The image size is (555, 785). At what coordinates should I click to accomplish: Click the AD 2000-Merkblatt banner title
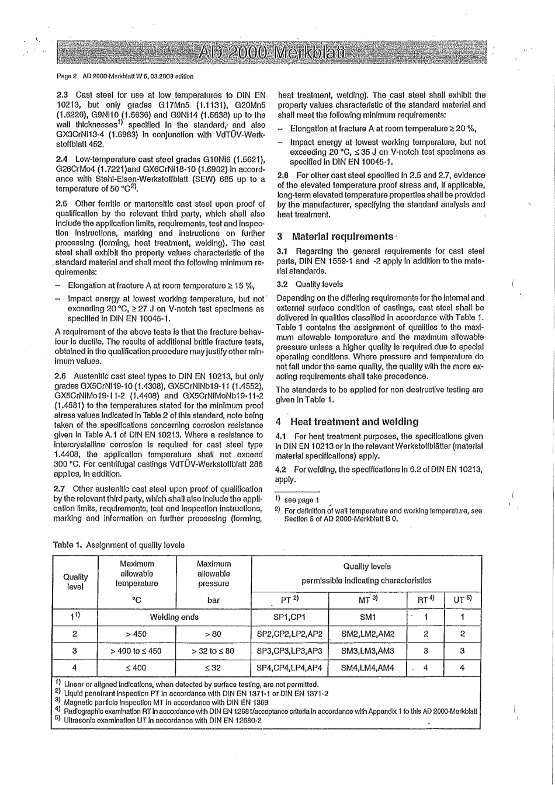coord(272,54)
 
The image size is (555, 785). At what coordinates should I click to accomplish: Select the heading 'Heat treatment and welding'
coord(353,421)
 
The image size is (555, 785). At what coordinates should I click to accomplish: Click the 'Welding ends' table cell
coord(174,617)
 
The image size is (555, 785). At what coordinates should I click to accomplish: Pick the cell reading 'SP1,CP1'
coord(290,617)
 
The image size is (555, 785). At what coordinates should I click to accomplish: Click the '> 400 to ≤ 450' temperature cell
coord(135,651)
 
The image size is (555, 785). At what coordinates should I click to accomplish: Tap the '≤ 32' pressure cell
coord(213,667)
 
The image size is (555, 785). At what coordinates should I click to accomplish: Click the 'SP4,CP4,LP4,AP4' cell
coord(290,667)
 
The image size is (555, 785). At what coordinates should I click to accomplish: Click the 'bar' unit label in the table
coord(213,599)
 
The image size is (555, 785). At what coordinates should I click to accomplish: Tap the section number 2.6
coord(60,375)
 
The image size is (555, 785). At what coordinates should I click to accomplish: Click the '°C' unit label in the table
coord(135,599)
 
